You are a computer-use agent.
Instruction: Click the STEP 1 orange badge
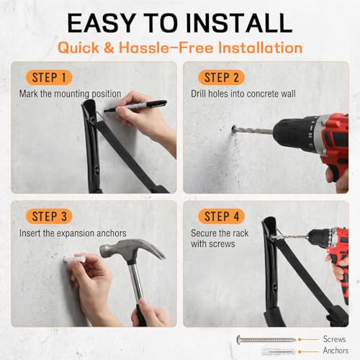[49, 78]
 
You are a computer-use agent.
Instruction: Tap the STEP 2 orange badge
[221, 78]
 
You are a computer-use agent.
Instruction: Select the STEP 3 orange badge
[49, 216]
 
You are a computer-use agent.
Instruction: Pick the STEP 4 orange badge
[221, 216]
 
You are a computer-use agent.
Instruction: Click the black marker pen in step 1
[135, 106]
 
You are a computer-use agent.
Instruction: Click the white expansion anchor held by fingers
[73, 259]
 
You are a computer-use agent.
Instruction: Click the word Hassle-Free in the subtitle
[166, 48]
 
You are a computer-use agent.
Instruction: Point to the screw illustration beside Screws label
[266, 340]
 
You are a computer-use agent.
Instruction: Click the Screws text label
[334, 339]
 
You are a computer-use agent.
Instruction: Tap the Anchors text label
[336, 351]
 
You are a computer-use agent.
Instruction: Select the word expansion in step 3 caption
[76, 233]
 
